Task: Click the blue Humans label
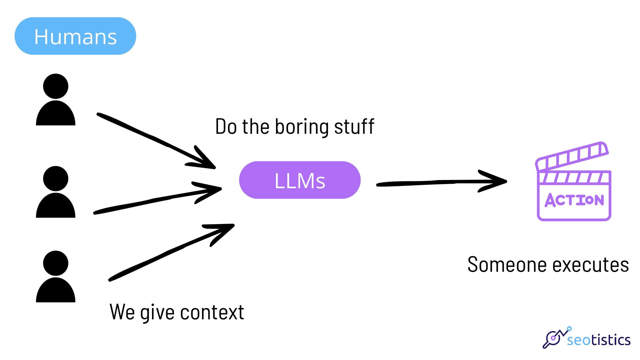tap(75, 36)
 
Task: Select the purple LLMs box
tap(300, 180)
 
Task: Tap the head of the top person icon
tap(56, 86)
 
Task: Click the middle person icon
tap(56, 192)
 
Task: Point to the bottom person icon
tap(56, 276)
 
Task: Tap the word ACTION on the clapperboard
tap(574, 200)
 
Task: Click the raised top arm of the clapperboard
tap(572, 155)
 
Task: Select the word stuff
tap(354, 126)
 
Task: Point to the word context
tap(212, 312)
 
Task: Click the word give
tap(157, 313)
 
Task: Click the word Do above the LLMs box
tap(226, 127)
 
